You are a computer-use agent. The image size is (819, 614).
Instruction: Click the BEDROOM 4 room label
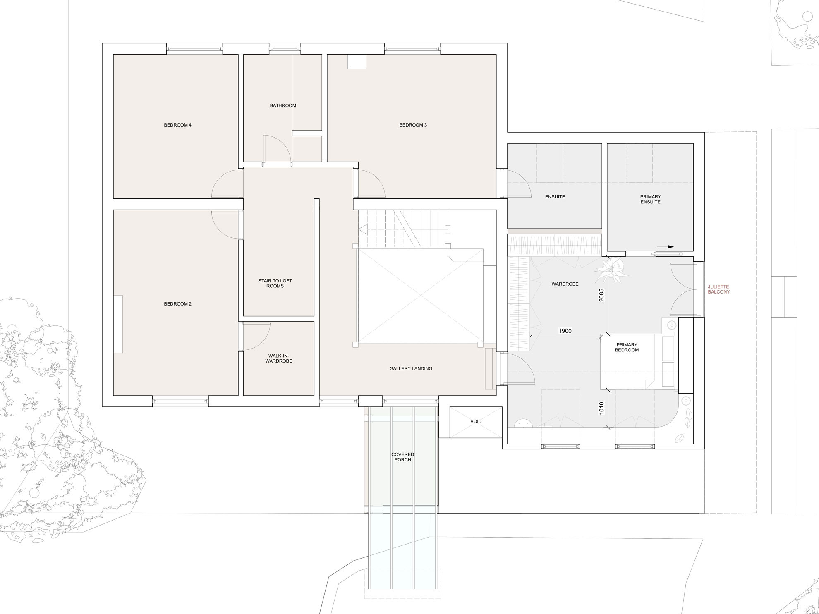pyautogui.click(x=177, y=125)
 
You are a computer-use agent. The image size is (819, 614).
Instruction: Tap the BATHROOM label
pyautogui.click(x=283, y=105)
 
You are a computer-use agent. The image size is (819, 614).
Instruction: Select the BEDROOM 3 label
pyautogui.click(x=413, y=125)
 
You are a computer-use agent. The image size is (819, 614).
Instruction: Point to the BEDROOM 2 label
pyautogui.click(x=177, y=304)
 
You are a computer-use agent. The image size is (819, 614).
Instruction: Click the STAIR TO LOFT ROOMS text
pyautogui.click(x=275, y=283)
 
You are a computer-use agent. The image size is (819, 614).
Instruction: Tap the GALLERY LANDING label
pyautogui.click(x=411, y=368)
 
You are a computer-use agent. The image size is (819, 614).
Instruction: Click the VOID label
pyautogui.click(x=476, y=421)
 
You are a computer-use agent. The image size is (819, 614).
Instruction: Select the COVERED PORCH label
pyautogui.click(x=402, y=457)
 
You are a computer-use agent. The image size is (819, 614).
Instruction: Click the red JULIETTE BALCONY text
pyautogui.click(x=718, y=289)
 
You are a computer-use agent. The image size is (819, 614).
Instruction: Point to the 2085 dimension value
pyautogui.click(x=601, y=295)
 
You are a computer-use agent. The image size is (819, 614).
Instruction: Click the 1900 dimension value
pyautogui.click(x=565, y=331)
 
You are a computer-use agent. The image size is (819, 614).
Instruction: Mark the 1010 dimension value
pyautogui.click(x=601, y=408)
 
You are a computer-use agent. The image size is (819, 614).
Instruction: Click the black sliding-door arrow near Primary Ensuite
pyautogui.click(x=665, y=247)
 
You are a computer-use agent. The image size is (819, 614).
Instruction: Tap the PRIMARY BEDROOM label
pyautogui.click(x=627, y=347)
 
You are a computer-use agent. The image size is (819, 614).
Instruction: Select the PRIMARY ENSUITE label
pyautogui.click(x=650, y=199)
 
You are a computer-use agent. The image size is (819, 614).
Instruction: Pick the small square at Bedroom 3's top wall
pyautogui.click(x=357, y=62)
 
